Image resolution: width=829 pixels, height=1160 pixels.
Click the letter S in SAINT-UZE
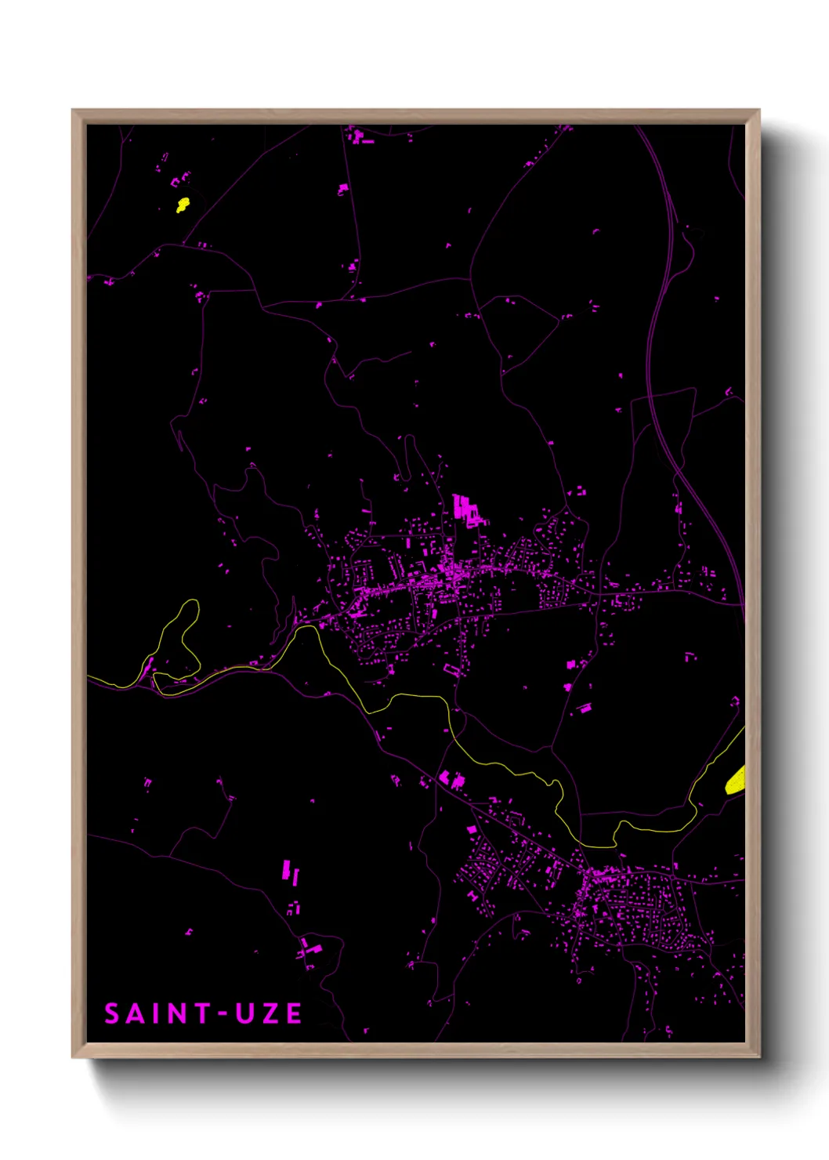tap(113, 1013)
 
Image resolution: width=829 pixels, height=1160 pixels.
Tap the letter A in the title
tap(137, 1013)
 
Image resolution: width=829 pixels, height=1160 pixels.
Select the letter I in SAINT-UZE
tap(157, 1013)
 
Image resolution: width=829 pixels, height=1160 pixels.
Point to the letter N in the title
tap(177, 1013)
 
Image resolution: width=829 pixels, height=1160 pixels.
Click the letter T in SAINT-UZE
tap(203, 1013)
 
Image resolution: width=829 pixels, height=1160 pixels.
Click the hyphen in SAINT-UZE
tap(223, 1013)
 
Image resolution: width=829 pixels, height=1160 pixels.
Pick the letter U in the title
tap(244, 1013)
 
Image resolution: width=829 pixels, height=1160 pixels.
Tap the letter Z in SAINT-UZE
tap(270, 1013)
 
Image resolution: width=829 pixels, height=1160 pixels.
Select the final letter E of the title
tap(293, 1013)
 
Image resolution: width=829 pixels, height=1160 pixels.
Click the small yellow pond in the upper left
tap(183, 205)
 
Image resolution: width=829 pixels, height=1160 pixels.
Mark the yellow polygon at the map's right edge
tap(736, 780)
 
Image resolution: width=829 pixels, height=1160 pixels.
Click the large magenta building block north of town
tap(465, 508)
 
